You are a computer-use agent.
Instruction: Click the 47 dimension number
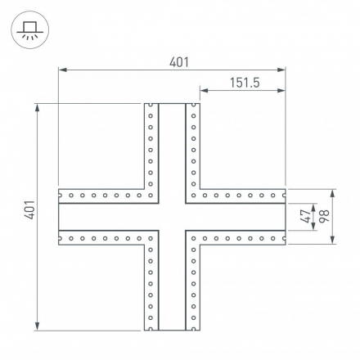(x=304, y=217)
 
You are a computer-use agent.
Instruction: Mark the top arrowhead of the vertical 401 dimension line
(x=38, y=107)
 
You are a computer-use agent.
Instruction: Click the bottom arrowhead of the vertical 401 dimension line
(x=38, y=326)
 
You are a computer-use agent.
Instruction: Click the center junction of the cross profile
(x=172, y=217)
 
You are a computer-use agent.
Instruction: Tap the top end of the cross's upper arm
(x=172, y=104)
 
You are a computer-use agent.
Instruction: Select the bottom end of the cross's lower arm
(x=172, y=330)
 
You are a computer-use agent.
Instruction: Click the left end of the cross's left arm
(x=60, y=217)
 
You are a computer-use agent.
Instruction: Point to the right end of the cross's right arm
(x=283, y=217)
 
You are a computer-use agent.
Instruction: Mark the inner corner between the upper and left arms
(x=158, y=203)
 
